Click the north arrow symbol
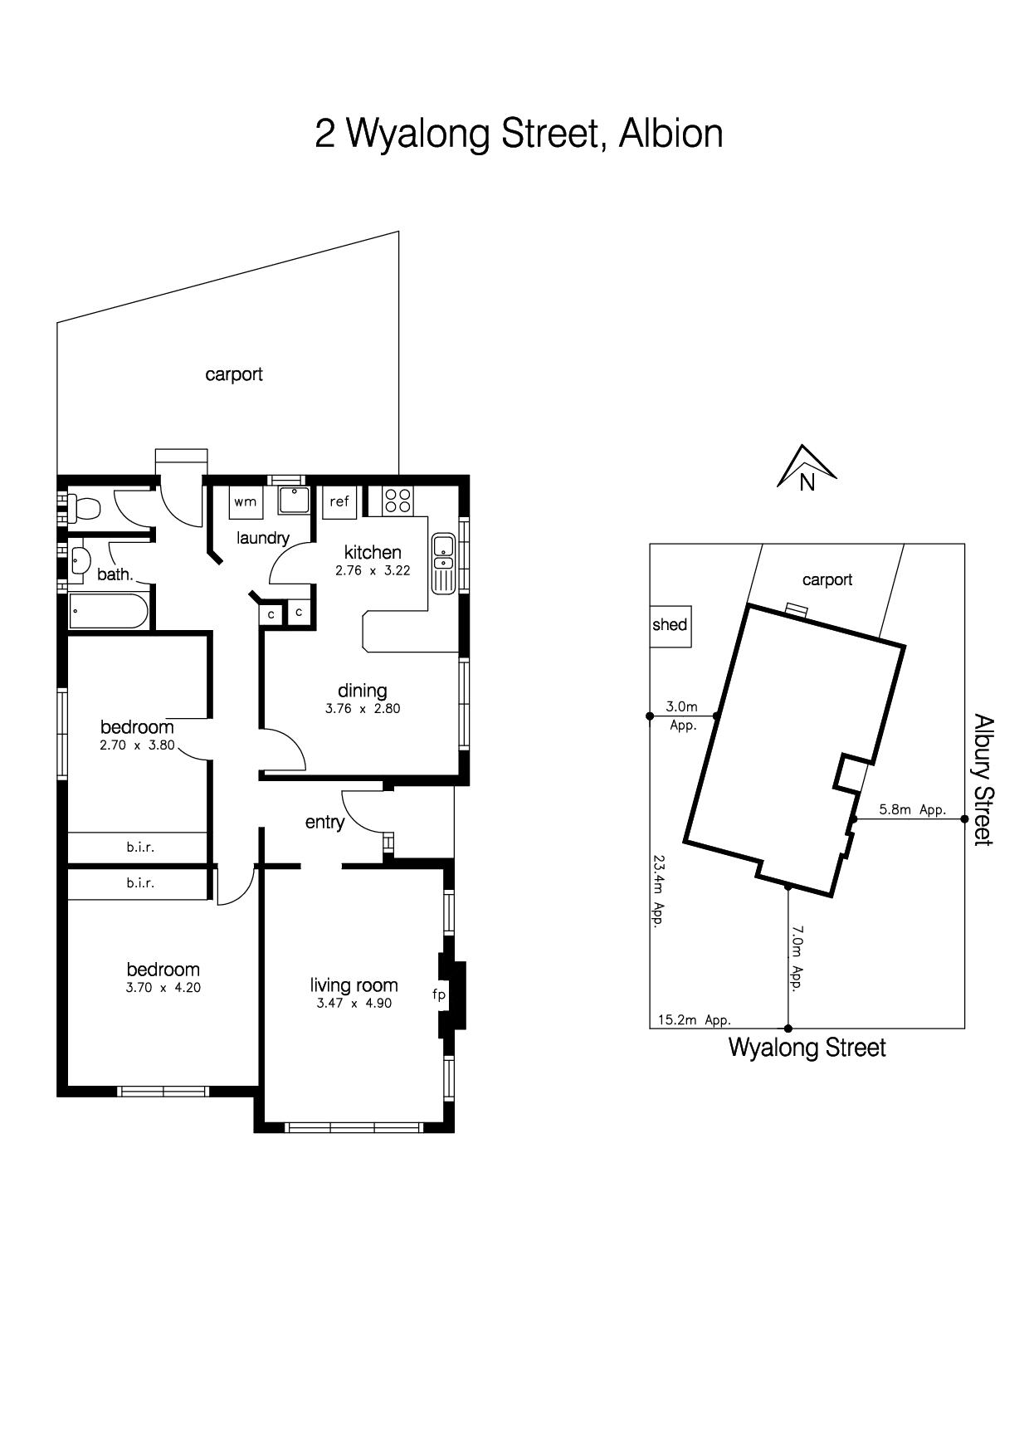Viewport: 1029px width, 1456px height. (807, 468)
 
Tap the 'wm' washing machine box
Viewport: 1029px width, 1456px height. (246, 501)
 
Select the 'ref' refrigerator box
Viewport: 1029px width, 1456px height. (339, 501)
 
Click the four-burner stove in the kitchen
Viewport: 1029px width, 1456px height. (397, 501)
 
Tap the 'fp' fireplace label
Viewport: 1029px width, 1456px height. (439, 994)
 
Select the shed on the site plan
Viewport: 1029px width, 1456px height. (670, 625)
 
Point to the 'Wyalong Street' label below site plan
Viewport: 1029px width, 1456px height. (807, 1048)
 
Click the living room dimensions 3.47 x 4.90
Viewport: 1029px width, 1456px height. (354, 1003)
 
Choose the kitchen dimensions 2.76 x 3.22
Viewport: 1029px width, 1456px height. (373, 570)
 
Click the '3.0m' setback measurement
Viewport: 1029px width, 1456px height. (681, 706)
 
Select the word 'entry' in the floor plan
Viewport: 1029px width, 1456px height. (324, 822)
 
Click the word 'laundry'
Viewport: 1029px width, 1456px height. (262, 538)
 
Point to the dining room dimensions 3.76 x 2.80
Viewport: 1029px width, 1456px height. (363, 709)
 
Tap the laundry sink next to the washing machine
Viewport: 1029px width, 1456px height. (293, 501)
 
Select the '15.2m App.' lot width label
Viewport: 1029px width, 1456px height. (695, 1020)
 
